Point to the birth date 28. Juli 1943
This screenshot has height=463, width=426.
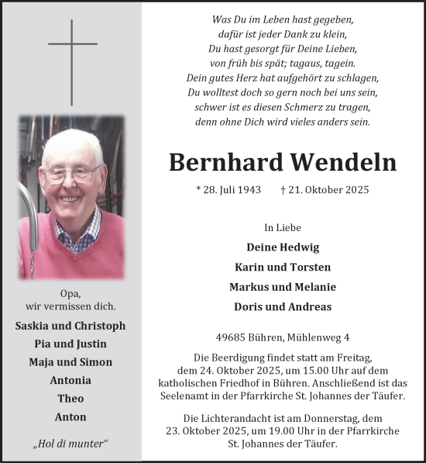228,190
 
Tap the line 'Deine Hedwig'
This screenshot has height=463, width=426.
283,247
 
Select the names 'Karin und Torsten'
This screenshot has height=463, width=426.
283,267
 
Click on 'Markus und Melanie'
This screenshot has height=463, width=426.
283,287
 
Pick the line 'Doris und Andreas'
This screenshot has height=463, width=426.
283,306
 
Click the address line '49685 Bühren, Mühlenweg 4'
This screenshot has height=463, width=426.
283,337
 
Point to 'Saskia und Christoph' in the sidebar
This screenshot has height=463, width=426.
70,326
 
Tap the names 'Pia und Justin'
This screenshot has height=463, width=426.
70,344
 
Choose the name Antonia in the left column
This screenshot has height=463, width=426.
70,380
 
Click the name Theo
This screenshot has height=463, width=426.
70,399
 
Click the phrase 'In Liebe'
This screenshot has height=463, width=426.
283,227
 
